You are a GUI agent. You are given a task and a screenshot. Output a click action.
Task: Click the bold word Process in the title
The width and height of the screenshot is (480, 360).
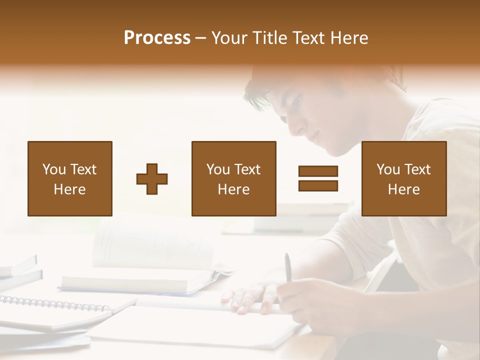tap(157, 38)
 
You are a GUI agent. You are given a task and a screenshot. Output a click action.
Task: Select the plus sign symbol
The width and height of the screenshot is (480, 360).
tap(152, 179)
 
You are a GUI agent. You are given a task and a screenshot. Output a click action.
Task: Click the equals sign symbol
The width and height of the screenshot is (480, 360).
tap(318, 178)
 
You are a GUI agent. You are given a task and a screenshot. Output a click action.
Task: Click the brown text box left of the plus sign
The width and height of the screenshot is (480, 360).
tap(70, 178)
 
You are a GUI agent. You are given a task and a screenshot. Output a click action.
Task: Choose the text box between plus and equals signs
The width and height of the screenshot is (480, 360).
tap(233, 178)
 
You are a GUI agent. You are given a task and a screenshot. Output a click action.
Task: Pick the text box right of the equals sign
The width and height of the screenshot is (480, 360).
tap(403, 178)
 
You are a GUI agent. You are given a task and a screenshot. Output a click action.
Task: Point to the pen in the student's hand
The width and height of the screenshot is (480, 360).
tap(288, 270)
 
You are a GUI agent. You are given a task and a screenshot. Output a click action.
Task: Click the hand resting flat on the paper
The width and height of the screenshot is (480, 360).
tap(250, 297)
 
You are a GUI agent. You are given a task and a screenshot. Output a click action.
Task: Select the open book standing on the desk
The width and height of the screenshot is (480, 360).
tap(150, 250)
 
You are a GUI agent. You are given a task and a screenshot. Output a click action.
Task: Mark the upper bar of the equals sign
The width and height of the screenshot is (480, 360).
tap(318, 171)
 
